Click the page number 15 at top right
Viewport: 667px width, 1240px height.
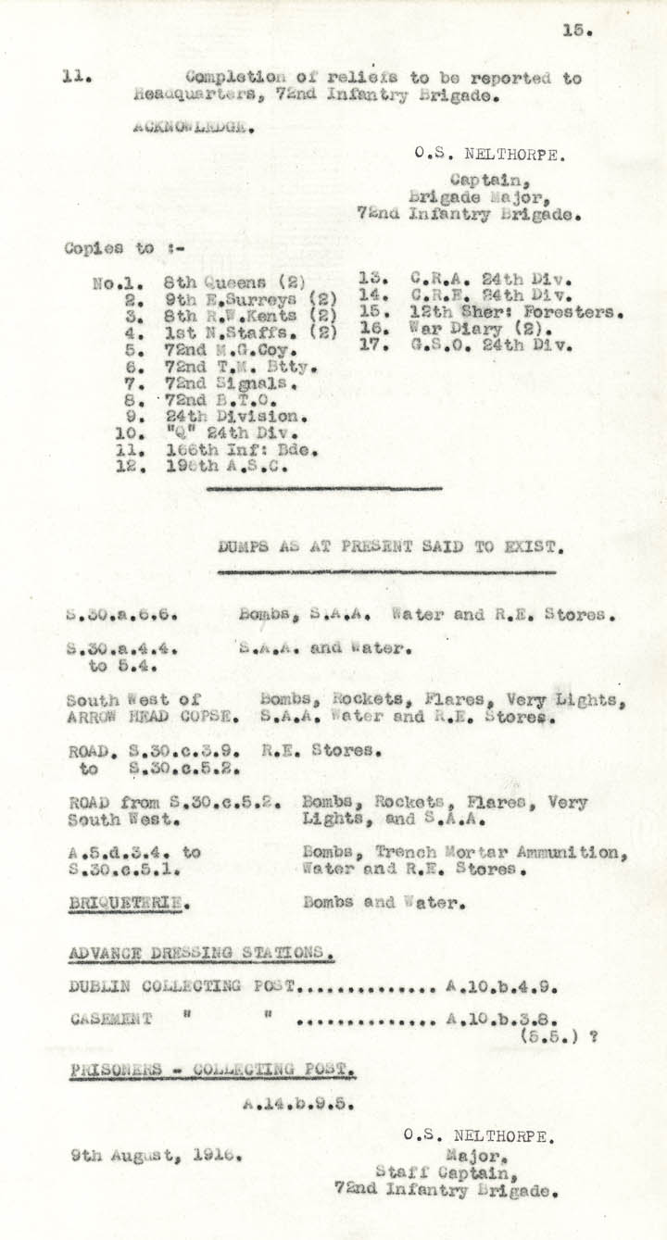tap(576, 30)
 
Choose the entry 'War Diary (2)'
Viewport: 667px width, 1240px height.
tap(465, 330)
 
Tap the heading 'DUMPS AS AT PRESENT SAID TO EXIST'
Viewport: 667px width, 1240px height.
tap(391, 546)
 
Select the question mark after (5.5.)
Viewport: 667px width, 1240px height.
tap(593, 1037)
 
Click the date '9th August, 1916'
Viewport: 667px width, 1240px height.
tap(157, 1155)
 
